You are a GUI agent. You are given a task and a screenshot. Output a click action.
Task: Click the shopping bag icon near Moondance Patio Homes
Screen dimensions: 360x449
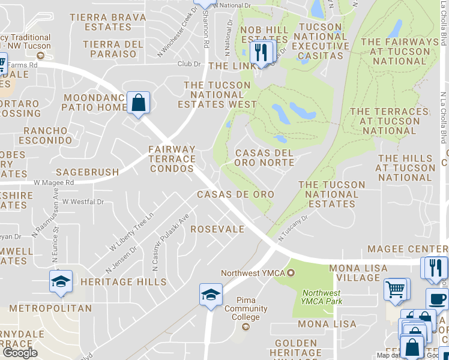click(x=139, y=103)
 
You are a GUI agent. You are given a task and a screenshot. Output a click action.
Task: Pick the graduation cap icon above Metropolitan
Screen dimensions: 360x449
click(x=60, y=281)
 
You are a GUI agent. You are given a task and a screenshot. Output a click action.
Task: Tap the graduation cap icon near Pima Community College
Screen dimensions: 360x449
click(x=211, y=295)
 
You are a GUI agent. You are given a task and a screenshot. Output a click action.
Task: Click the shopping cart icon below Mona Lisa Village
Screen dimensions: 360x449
click(x=396, y=289)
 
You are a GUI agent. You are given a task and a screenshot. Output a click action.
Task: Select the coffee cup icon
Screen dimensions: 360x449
click(x=436, y=299)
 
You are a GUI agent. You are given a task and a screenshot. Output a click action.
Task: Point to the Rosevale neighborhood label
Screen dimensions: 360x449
click(x=217, y=229)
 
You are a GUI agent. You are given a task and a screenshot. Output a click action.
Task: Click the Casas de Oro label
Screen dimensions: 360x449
click(x=235, y=194)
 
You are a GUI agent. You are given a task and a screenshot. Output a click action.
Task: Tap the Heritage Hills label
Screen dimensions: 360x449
click(x=123, y=281)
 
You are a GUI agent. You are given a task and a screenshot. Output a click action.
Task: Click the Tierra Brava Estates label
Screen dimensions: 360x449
click(x=107, y=22)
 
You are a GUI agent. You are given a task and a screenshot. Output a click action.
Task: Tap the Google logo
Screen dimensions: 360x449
click(x=20, y=352)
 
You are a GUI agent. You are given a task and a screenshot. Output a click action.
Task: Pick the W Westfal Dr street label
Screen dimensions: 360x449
click(x=83, y=202)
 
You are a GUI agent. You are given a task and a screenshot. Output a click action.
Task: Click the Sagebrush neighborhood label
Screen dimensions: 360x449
click(x=88, y=172)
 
